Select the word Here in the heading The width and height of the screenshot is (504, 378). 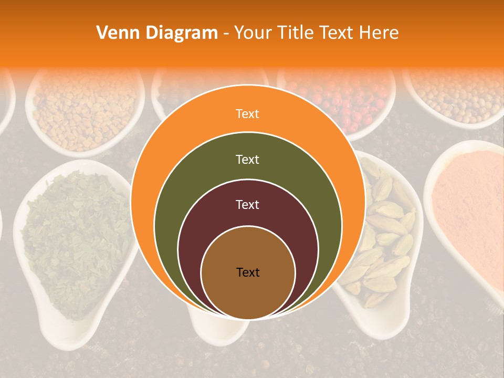[x=379, y=33]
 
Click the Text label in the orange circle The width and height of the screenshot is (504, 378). [x=247, y=113]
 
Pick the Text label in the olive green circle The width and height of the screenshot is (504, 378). [x=247, y=159]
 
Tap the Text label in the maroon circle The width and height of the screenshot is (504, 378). [x=247, y=205]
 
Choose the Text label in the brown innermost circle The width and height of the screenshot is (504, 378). [x=248, y=272]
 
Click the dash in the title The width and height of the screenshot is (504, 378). [x=226, y=34]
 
